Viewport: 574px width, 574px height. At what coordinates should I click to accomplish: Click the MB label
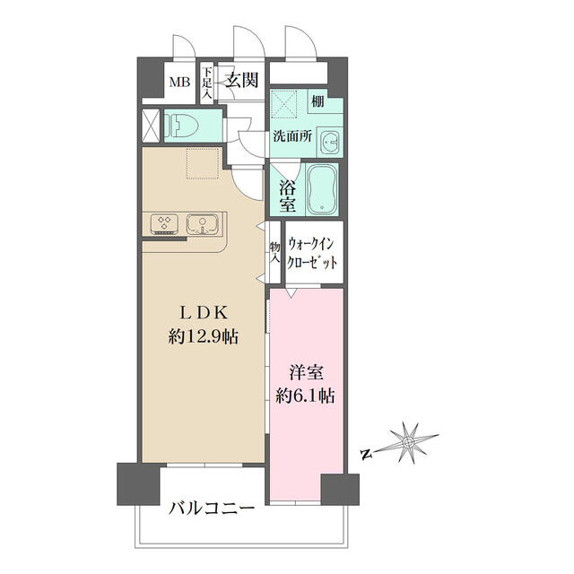[x=180, y=83]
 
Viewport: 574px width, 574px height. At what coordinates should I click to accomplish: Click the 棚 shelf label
[x=318, y=102]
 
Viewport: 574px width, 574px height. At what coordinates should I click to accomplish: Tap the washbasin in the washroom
[x=331, y=143]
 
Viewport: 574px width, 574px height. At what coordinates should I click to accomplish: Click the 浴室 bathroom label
[x=287, y=196]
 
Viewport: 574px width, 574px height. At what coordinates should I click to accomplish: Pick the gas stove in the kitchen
[x=165, y=222]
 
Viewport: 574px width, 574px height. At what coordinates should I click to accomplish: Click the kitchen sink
[x=203, y=222]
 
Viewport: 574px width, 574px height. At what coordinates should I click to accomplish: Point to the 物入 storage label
[x=274, y=250]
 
